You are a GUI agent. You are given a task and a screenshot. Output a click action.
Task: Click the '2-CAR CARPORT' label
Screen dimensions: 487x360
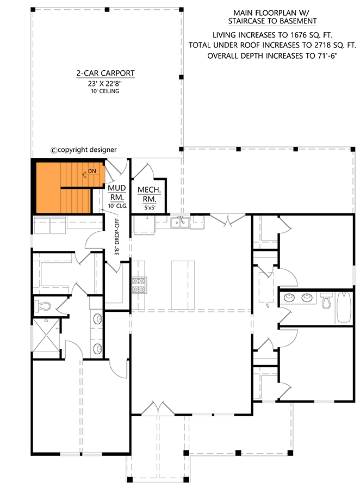105,73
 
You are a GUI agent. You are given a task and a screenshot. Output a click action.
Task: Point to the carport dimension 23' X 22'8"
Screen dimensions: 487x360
105,83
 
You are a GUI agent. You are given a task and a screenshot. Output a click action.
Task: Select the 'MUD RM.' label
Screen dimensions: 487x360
117,193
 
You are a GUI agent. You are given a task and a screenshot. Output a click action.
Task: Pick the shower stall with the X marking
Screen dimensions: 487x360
47,336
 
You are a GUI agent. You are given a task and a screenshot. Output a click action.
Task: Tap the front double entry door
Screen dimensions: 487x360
158,409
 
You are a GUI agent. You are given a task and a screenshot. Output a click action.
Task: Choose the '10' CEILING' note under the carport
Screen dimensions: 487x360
105,91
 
